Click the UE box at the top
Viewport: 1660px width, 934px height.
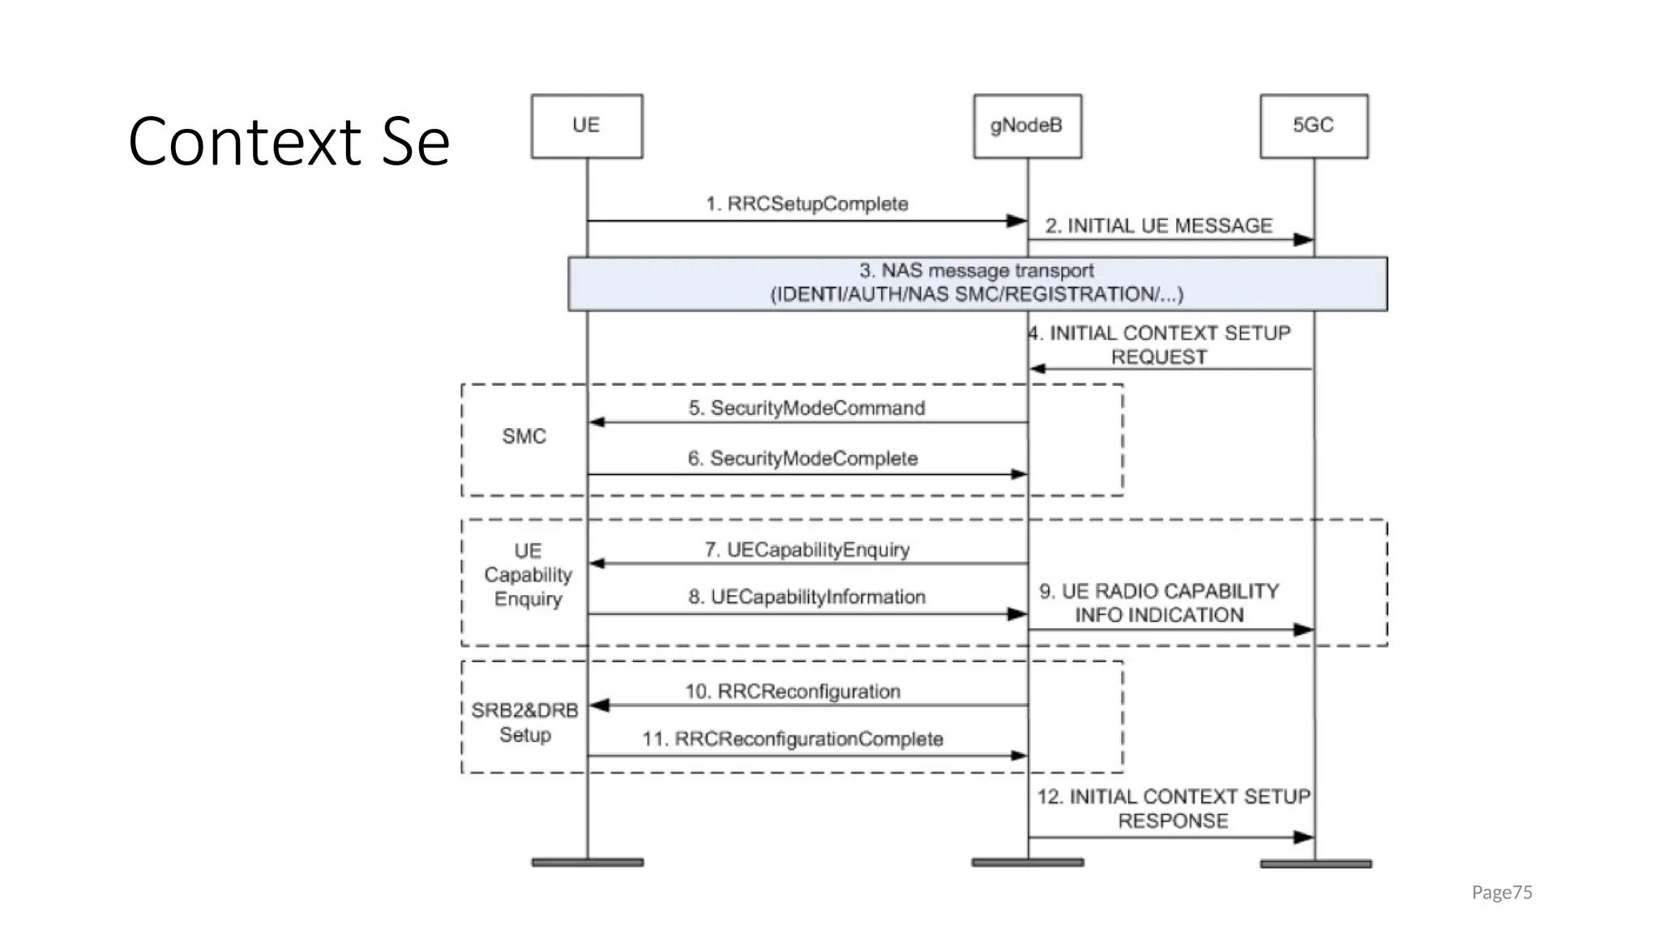coord(587,126)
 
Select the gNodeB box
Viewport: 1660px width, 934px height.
coord(1027,126)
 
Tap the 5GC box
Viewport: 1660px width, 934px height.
coord(1313,126)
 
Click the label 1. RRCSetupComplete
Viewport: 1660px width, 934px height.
coord(806,204)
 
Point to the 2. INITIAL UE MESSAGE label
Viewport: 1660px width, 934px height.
coord(1158,225)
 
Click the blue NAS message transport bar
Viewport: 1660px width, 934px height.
coord(977,283)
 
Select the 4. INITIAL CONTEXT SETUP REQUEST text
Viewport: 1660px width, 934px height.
coord(1159,345)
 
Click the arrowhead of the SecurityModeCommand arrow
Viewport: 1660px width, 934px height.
coord(597,422)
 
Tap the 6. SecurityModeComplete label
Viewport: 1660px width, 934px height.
coord(802,458)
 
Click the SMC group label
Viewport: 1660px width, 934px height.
coord(524,436)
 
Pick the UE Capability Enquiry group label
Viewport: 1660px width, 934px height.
coord(528,575)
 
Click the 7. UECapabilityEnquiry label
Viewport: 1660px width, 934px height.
coord(806,550)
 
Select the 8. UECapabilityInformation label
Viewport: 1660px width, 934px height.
coord(806,597)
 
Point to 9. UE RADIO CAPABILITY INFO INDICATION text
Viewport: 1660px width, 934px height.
coord(1159,602)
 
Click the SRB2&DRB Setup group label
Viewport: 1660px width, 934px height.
coord(524,722)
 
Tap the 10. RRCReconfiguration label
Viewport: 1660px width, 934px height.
coord(793,691)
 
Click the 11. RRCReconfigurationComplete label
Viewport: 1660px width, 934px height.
coord(793,739)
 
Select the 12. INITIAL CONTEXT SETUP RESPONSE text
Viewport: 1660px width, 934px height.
coord(1173,808)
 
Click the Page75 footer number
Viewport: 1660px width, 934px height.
coord(1501,892)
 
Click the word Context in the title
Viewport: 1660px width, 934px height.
coord(243,142)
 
